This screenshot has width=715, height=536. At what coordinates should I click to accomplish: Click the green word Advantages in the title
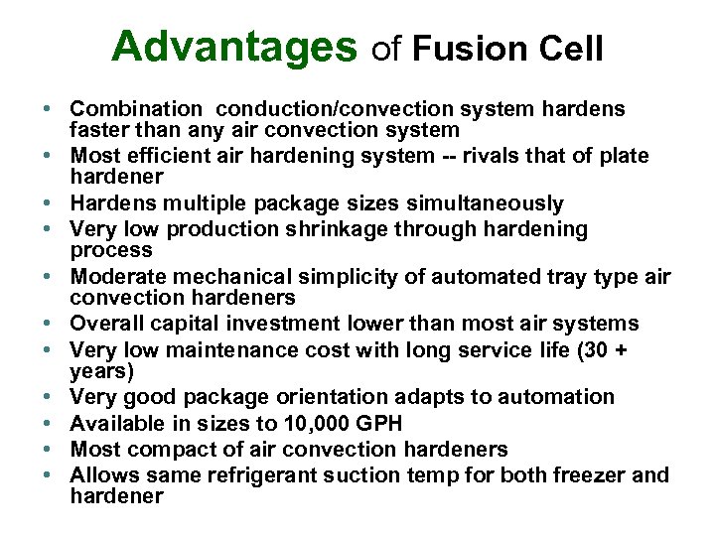click(233, 46)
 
